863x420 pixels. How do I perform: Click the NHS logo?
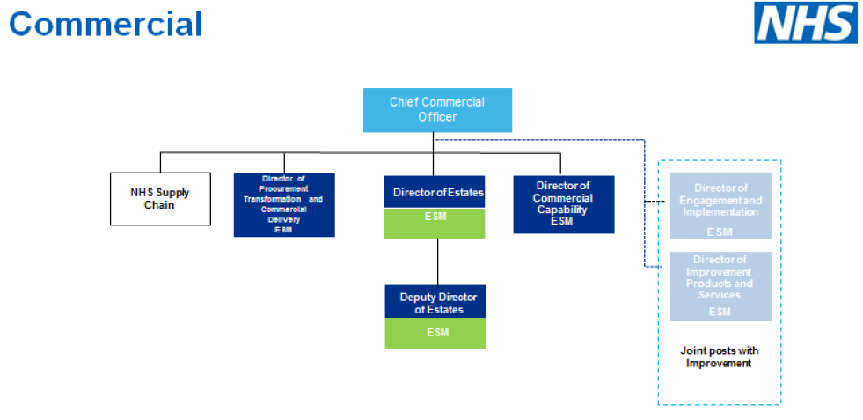pos(805,23)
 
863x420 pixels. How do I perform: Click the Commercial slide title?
pos(106,24)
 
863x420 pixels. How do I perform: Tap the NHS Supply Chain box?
pos(160,199)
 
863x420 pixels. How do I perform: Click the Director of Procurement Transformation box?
pos(283,204)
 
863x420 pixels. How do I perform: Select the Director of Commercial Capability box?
pos(563,203)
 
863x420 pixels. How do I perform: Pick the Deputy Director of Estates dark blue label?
pos(436,302)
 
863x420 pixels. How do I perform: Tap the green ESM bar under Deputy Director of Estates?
pos(436,333)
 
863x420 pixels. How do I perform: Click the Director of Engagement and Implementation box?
pos(720,206)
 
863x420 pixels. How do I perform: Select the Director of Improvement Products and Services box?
pos(720,286)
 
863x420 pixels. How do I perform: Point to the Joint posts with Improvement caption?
pos(719,357)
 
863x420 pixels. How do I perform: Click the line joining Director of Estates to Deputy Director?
pos(437,262)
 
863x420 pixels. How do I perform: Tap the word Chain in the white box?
pos(160,206)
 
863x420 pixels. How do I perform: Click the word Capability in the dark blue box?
pos(563,210)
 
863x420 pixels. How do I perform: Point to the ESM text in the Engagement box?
pos(720,232)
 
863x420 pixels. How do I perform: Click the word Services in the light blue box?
pos(720,295)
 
